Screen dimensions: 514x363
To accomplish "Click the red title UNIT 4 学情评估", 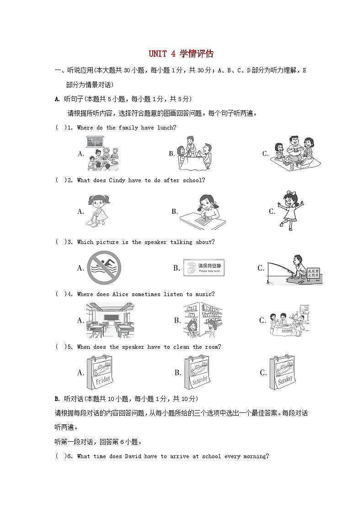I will pos(181,54).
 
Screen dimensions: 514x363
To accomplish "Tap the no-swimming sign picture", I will pos(104,268).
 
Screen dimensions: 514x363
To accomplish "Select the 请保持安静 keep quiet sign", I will pos(204,268).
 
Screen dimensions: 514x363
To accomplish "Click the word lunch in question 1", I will pos(166,128).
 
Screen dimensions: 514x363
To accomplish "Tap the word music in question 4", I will pos(204,294).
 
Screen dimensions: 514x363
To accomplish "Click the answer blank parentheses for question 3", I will pos(60,242).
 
